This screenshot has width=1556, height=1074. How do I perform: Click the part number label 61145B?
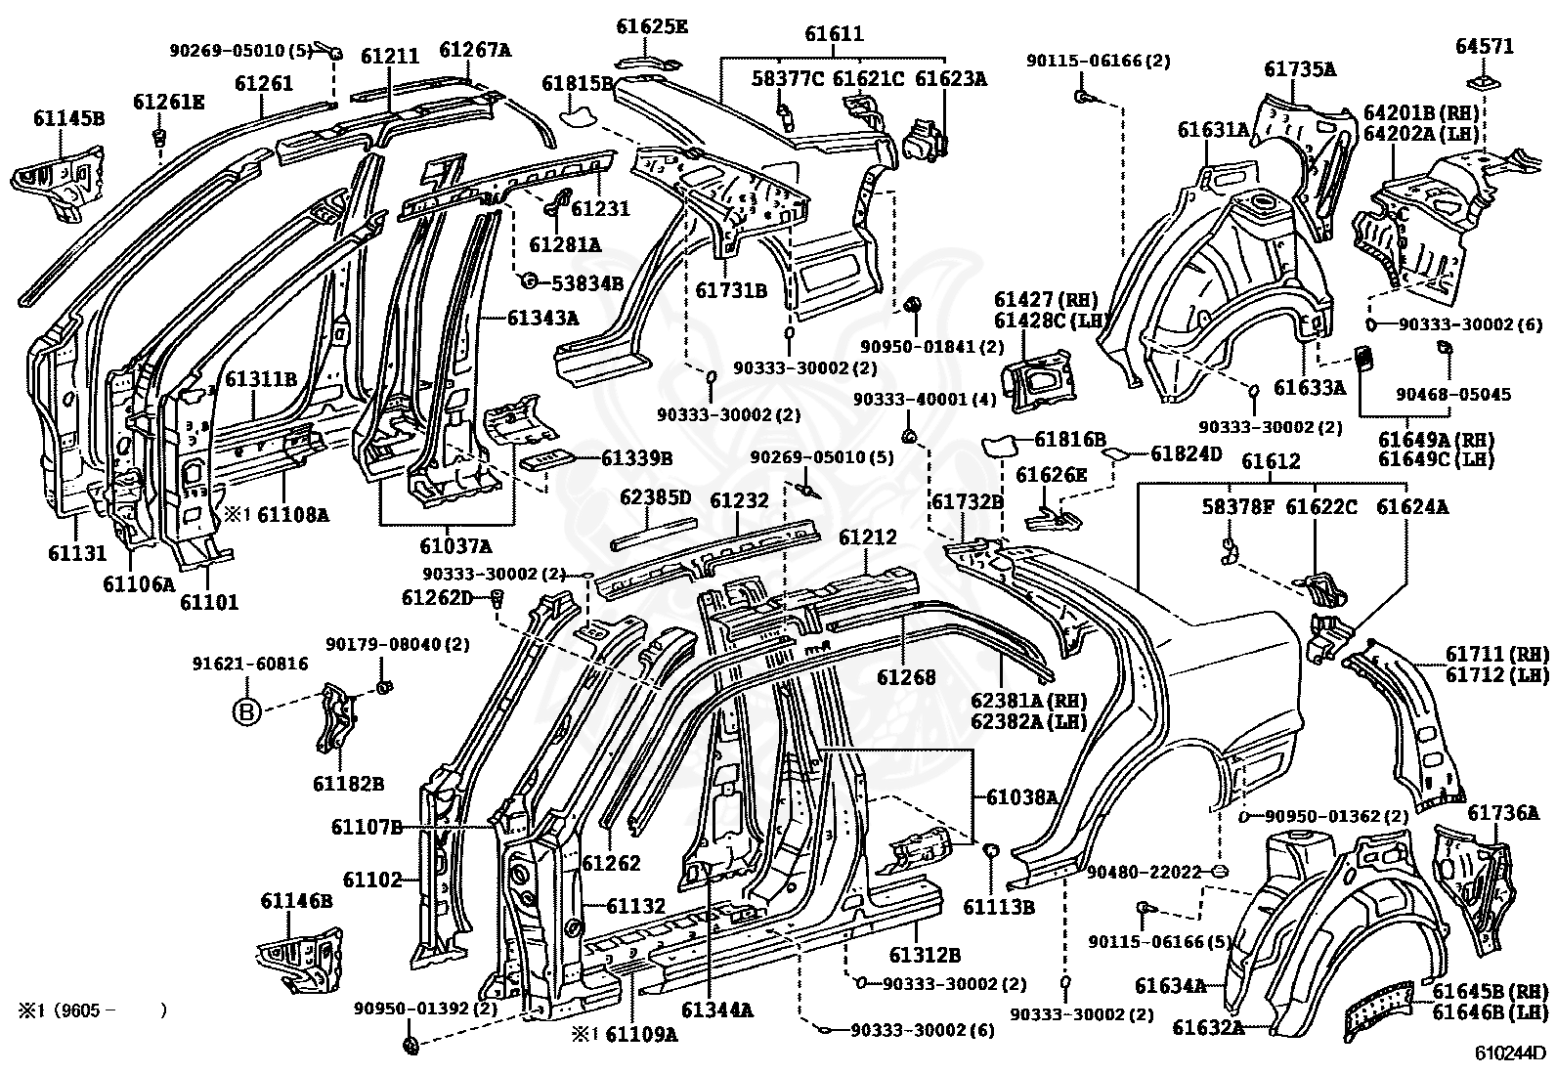coord(68,118)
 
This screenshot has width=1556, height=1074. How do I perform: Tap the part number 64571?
coord(1485,47)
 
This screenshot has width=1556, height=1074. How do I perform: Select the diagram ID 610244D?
coord(1512,1053)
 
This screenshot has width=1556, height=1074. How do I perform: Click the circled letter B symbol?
coord(246,710)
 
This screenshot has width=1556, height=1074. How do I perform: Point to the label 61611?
coord(834,33)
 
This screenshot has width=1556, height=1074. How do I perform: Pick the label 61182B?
coord(348,783)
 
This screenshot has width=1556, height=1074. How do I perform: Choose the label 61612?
coord(1271,461)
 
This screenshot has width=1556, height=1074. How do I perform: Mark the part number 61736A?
coord(1502,812)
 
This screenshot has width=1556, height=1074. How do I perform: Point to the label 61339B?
coord(637,457)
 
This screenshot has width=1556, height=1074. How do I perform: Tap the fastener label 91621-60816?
coord(250,665)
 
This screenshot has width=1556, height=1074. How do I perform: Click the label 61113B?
coord(999,907)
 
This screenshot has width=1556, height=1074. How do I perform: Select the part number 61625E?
coord(652,26)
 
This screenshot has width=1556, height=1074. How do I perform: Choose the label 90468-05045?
coord(1453,395)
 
